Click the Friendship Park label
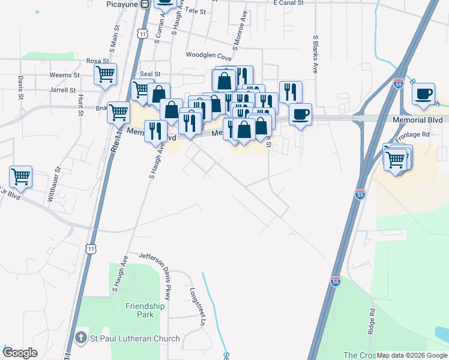click(x=145, y=310)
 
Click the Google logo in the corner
click(x=20, y=353)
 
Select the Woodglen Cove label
click(x=209, y=57)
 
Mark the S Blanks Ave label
click(x=315, y=54)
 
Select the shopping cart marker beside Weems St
click(x=105, y=75)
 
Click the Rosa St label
click(x=97, y=61)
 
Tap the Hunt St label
click(x=79, y=103)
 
